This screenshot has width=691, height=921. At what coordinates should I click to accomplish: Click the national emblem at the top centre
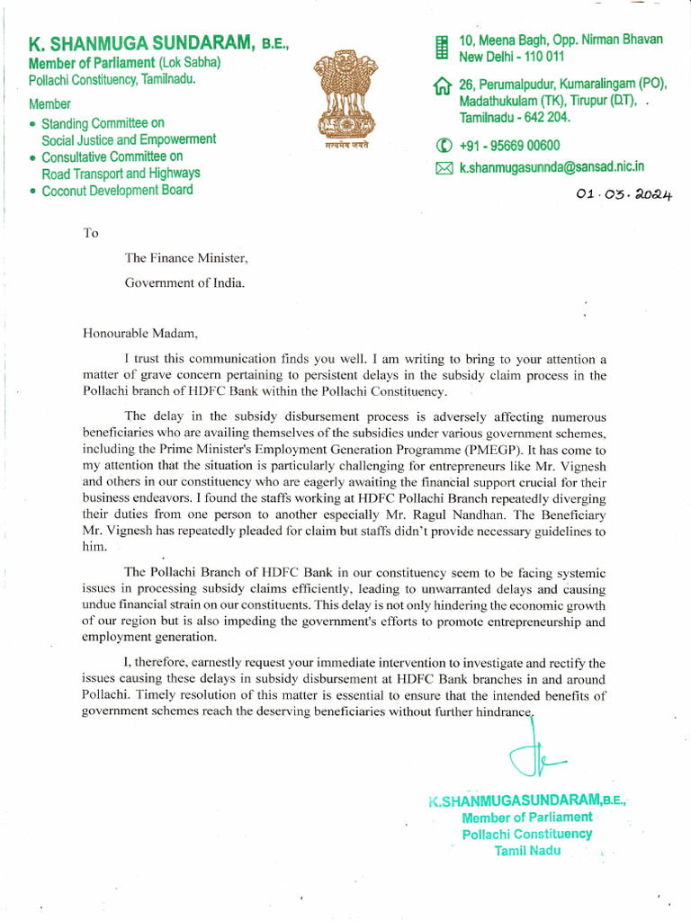click(342, 100)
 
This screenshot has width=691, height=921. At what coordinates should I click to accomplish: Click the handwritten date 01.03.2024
click(628, 192)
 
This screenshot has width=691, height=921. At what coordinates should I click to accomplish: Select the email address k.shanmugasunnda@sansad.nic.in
click(552, 167)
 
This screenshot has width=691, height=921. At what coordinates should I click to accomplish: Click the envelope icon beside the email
click(443, 168)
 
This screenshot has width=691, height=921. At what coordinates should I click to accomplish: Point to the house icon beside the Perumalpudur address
click(442, 86)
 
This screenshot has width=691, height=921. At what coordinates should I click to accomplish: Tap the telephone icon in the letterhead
click(443, 146)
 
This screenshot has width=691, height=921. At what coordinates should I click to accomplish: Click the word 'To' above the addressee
click(90, 233)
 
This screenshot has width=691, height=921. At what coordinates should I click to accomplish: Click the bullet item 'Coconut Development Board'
click(117, 190)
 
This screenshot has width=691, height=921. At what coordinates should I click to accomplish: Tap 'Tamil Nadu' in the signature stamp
click(527, 850)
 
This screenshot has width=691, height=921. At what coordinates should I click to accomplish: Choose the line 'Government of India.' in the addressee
click(184, 282)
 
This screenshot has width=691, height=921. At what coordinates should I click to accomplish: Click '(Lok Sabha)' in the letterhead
click(190, 63)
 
